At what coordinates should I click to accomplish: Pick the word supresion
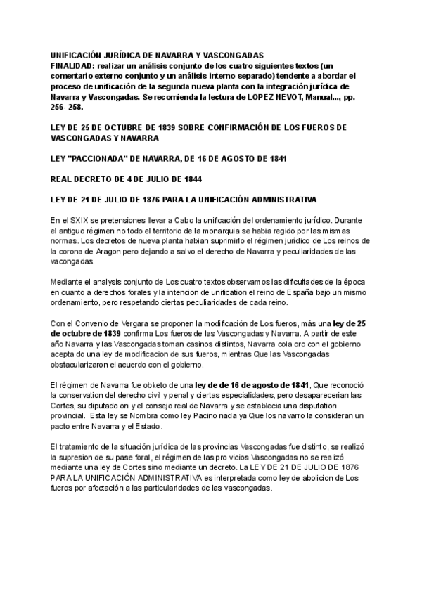(87, 458)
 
